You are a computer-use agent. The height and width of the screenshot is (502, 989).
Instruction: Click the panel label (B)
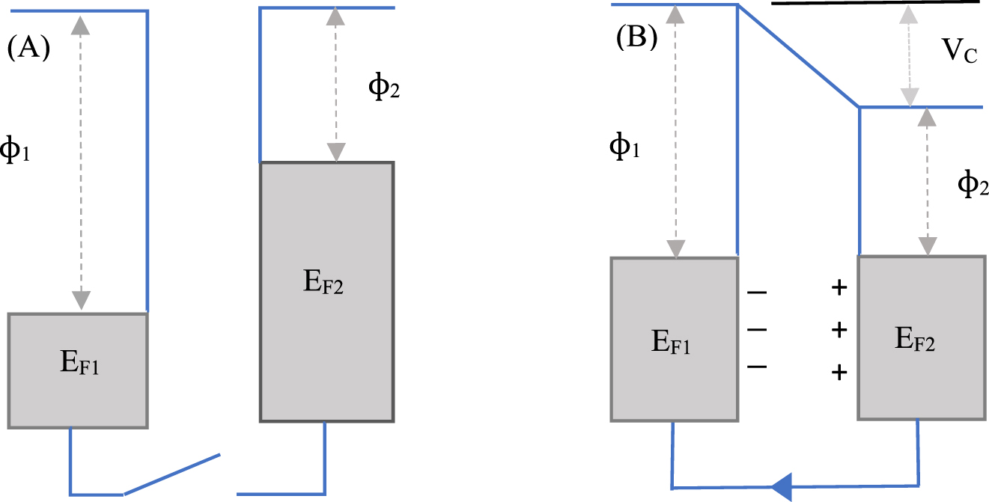[636, 37]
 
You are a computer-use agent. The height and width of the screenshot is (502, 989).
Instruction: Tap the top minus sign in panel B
[756, 290]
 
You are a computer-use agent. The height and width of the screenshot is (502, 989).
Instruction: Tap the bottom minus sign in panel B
[756, 367]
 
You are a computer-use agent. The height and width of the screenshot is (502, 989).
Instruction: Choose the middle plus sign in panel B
[839, 329]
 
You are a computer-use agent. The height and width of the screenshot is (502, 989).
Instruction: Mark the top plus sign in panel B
[839, 288]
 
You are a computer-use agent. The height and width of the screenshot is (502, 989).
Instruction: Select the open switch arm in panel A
[171, 474]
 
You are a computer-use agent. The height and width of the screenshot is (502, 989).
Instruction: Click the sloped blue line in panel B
[798, 56]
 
